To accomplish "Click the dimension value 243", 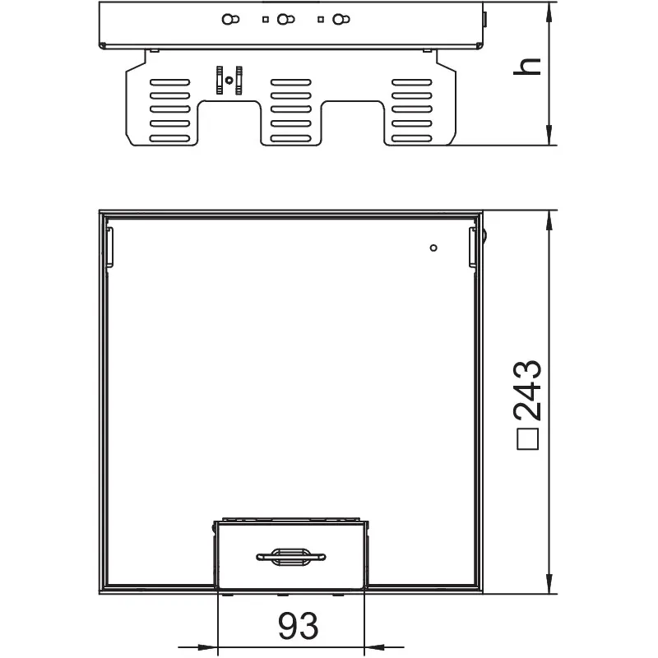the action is click(527, 390).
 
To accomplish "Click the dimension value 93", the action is click(299, 626).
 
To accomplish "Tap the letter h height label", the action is click(527, 67).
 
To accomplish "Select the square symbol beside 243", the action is click(527, 439).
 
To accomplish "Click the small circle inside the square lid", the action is click(433, 248).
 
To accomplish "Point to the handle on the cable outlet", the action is click(291, 557).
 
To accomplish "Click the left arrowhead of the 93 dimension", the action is click(208, 647).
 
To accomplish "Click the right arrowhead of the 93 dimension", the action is click(374, 647).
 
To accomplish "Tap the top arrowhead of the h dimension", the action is click(549, 12).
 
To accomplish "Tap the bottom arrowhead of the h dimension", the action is click(549, 135).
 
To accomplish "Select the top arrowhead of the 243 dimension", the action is click(549, 220).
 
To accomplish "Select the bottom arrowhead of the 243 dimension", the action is click(549, 583).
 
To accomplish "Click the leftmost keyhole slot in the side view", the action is click(230, 19).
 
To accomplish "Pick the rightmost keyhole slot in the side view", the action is click(341, 19).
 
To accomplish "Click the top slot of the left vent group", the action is click(170, 82).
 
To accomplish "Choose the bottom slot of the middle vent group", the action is click(291, 138).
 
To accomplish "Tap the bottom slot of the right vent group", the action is click(412, 138).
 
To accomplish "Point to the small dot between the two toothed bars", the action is click(229, 80).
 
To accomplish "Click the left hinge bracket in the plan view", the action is click(109, 248).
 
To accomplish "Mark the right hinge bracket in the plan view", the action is click(473, 248).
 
